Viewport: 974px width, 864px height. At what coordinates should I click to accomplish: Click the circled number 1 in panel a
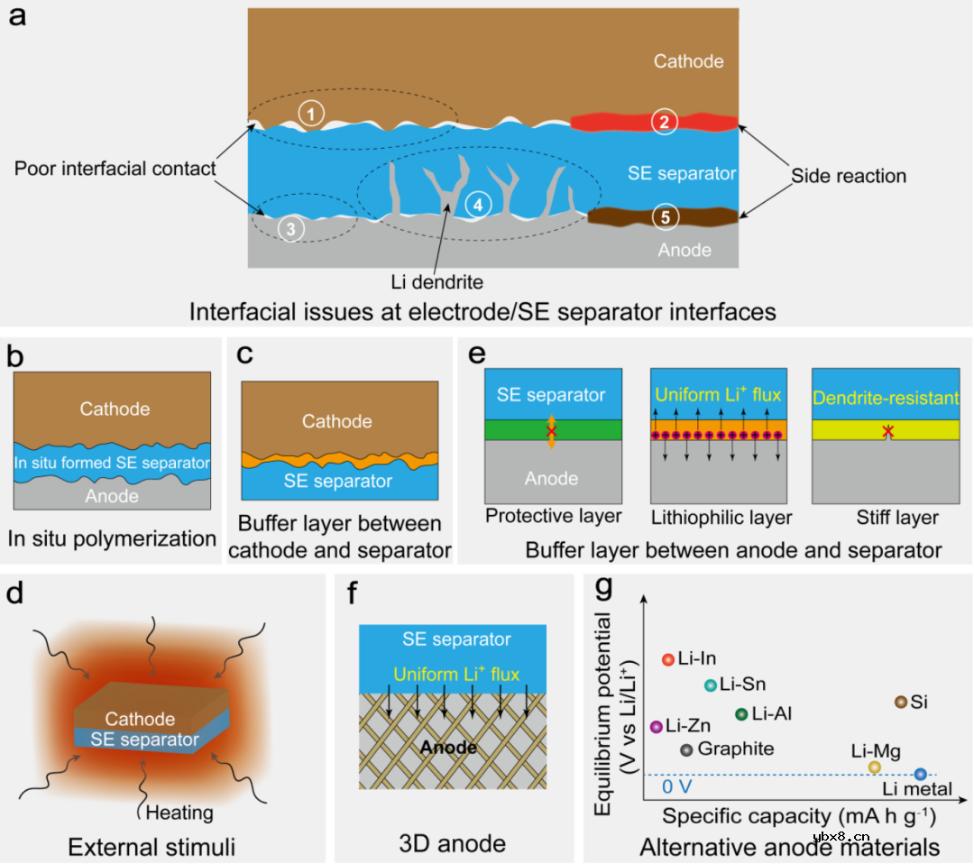[x=310, y=114]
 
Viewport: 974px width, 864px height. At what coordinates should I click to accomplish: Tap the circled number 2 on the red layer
[x=664, y=123]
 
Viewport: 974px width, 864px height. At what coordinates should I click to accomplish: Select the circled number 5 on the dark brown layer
[x=664, y=217]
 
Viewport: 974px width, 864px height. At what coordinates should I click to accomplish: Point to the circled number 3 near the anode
[x=290, y=229]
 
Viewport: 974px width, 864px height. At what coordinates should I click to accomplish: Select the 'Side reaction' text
[x=849, y=176]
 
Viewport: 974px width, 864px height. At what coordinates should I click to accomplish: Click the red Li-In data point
[x=668, y=659]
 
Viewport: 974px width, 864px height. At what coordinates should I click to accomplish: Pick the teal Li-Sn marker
[x=711, y=685]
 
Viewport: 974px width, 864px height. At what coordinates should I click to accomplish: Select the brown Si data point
[x=900, y=702]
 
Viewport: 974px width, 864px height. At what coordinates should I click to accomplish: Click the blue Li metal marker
[x=920, y=774]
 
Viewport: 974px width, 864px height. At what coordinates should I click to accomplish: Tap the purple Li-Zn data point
[x=657, y=726]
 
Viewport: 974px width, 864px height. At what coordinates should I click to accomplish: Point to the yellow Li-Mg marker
[x=874, y=767]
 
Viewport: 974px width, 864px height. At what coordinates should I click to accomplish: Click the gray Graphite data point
[x=686, y=749]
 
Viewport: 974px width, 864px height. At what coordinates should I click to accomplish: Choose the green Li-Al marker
[x=741, y=714]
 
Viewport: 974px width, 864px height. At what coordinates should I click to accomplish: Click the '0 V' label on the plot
[x=676, y=786]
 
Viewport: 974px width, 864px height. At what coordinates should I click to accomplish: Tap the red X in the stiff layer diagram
[x=888, y=433]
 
